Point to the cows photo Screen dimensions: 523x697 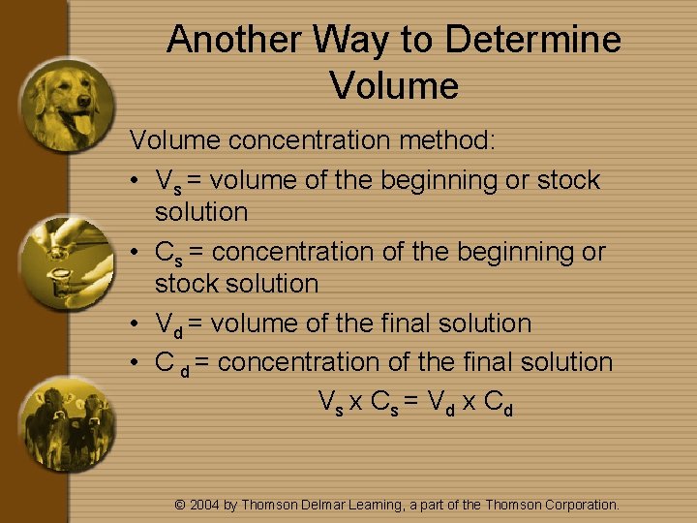coord(68,420)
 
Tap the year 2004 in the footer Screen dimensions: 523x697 coord(204,505)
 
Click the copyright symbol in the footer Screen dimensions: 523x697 coord(179,505)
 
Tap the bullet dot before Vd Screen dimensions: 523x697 coord(138,324)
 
